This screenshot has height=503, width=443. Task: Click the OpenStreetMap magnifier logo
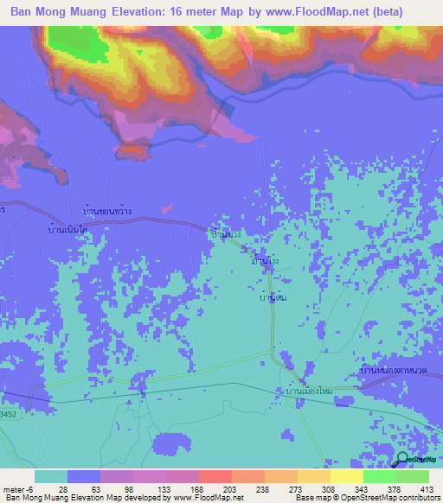pyautogui.click(x=403, y=461)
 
